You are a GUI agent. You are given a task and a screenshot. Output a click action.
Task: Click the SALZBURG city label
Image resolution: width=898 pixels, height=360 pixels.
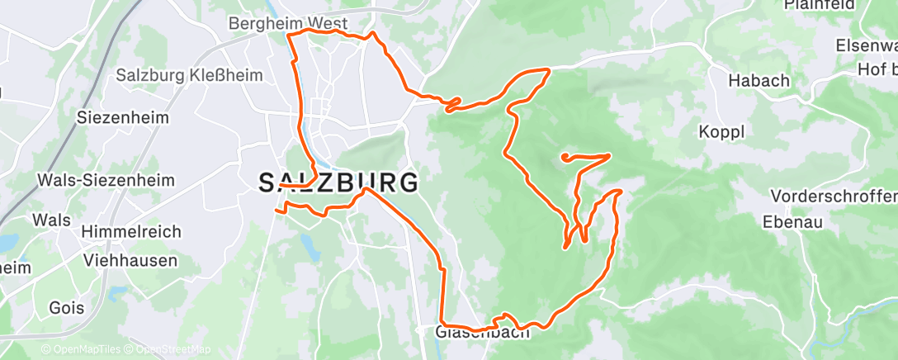[338, 182]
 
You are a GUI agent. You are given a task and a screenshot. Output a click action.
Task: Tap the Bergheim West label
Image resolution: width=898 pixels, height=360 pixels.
[288, 24]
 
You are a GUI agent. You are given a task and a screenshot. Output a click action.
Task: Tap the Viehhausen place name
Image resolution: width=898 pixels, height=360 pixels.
[130, 260]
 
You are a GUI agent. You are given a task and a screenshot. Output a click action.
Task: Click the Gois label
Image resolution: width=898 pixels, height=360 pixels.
[67, 308]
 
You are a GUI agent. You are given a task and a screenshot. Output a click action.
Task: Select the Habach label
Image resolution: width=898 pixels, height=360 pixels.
[759, 81]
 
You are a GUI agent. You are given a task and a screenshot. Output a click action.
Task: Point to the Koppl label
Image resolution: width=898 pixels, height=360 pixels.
[721, 132]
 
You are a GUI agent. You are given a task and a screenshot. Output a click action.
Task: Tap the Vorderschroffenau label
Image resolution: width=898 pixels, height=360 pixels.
[834, 197]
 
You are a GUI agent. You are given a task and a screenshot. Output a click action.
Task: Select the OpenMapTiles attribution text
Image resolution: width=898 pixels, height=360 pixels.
[82, 350]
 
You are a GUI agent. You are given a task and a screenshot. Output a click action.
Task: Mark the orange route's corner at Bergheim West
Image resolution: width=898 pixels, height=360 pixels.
[288, 35]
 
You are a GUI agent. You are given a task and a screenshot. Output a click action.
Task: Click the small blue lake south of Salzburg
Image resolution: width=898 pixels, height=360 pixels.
[309, 243]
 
